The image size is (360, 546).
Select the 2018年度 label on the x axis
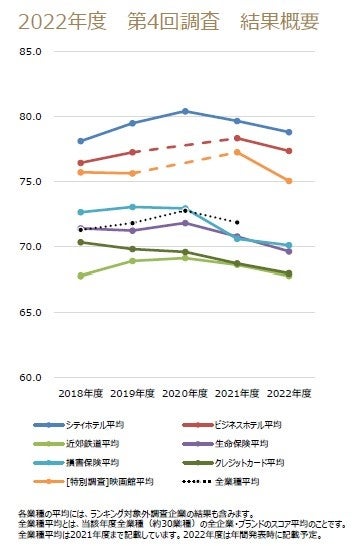[80, 394]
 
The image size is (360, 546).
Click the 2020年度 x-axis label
[185, 394]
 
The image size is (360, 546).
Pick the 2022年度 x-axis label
[289, 394]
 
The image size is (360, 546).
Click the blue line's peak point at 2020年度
[185, 111]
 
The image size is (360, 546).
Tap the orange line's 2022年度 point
[289, 181]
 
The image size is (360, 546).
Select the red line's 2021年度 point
[237, 138]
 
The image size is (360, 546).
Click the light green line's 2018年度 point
[80, 276]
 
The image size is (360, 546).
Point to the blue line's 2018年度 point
[80, 141]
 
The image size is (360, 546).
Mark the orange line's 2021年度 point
[237, 152]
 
